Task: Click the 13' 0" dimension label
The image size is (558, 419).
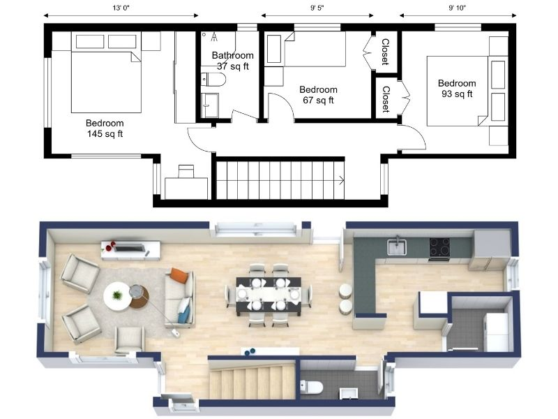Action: [121, 8]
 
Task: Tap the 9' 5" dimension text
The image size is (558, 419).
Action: [317, 8]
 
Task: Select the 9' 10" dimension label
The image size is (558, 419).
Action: [458, 8]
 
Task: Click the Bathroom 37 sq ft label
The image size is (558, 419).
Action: [233, 61]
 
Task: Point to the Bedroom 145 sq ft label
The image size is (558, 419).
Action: [105, 128]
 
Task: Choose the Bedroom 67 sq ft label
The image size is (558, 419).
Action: [318, 95]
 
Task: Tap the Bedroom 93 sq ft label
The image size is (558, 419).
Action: [457, 89]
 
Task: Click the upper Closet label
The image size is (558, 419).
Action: [385, 52]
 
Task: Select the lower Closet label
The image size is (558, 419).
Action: [386, 99]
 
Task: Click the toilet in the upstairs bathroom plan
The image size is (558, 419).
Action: [213, 80]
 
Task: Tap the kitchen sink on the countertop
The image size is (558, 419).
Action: [397, 247]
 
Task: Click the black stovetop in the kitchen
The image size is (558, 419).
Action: [440, 247]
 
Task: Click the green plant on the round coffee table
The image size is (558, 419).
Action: [116, 295]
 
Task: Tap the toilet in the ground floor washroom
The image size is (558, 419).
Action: [311, 387]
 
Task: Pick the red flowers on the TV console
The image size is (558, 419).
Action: [110, 246]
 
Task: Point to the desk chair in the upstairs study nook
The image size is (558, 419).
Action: [186, 171]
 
